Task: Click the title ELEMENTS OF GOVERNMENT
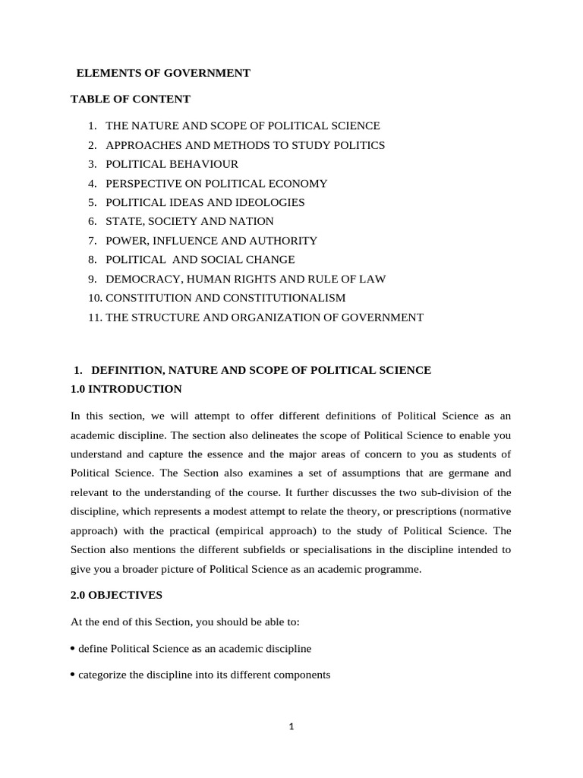coord(163,73)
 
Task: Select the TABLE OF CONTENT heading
coord(131,99)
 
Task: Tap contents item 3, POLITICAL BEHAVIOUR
coord(172,164)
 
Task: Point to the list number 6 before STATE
coord(92,221)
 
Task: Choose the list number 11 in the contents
coord(95,318)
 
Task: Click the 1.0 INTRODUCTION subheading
coord(126,389)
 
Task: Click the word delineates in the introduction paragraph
coord(274,435)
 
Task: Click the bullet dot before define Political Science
coord(72,648)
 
